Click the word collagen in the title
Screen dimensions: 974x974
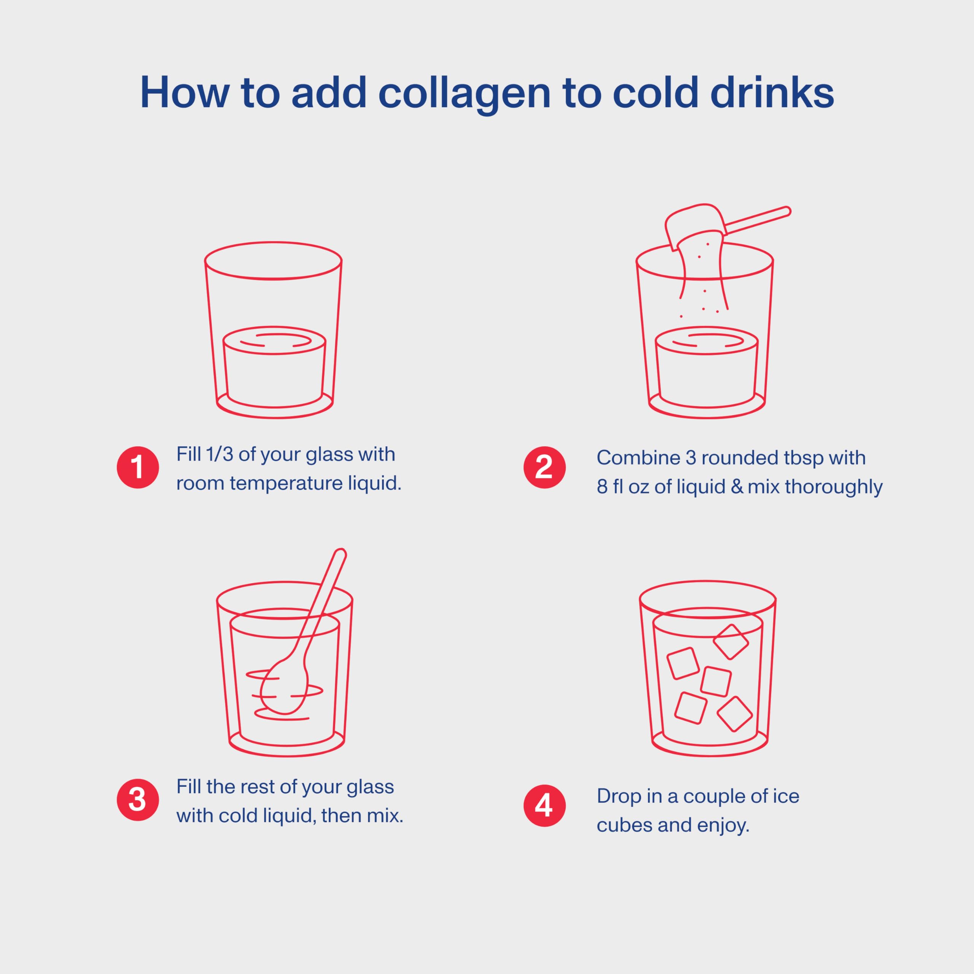[x=464, y=94]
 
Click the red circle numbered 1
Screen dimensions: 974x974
[x=138, y=467]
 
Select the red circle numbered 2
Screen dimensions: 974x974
[x=544, y=467]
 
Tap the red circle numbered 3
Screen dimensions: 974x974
[x=138, y=800]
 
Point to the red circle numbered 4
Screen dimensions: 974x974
[x=544, y=805]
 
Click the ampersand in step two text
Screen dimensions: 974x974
[x=737, y=487]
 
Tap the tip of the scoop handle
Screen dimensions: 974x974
[x=786, y=211]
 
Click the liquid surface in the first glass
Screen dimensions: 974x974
[x=274, y=340]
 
